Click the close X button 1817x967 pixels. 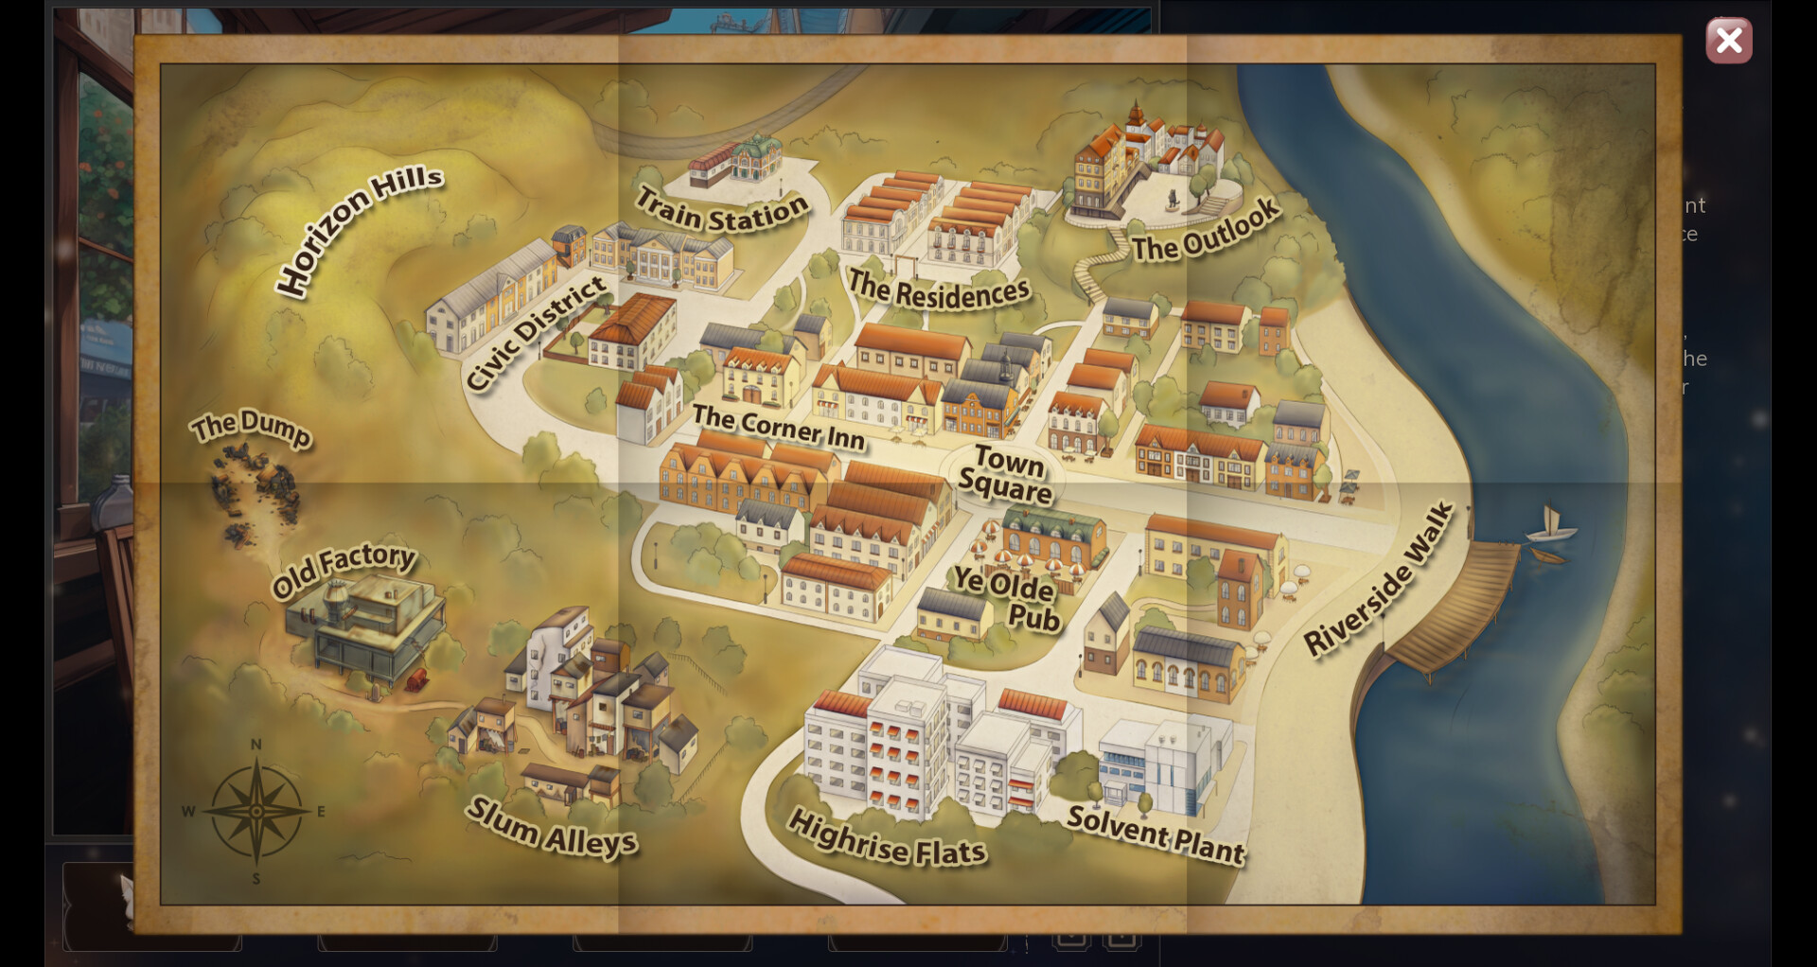pos(1728,41)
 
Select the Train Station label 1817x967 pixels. pos(721,210)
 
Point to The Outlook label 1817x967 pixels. pos(1206,230)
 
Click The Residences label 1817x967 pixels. pos(938,290)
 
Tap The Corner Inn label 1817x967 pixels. pos(778,427)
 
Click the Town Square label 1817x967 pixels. pos(1005,474)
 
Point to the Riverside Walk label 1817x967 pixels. pos(1378,579)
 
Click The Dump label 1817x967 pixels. pos(250,427)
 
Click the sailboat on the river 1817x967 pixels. pos(1550,525)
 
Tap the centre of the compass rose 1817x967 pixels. pos(256,811)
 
